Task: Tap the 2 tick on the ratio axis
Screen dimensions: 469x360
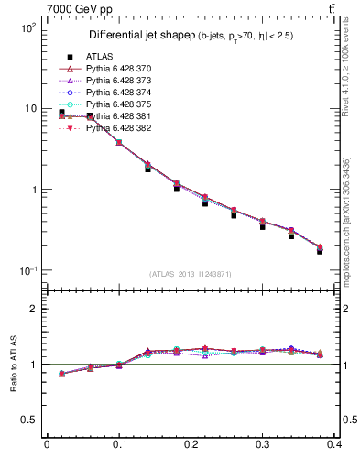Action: click(x=35, y=309)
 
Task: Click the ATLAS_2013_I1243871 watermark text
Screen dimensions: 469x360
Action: click(x=190, y=274)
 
